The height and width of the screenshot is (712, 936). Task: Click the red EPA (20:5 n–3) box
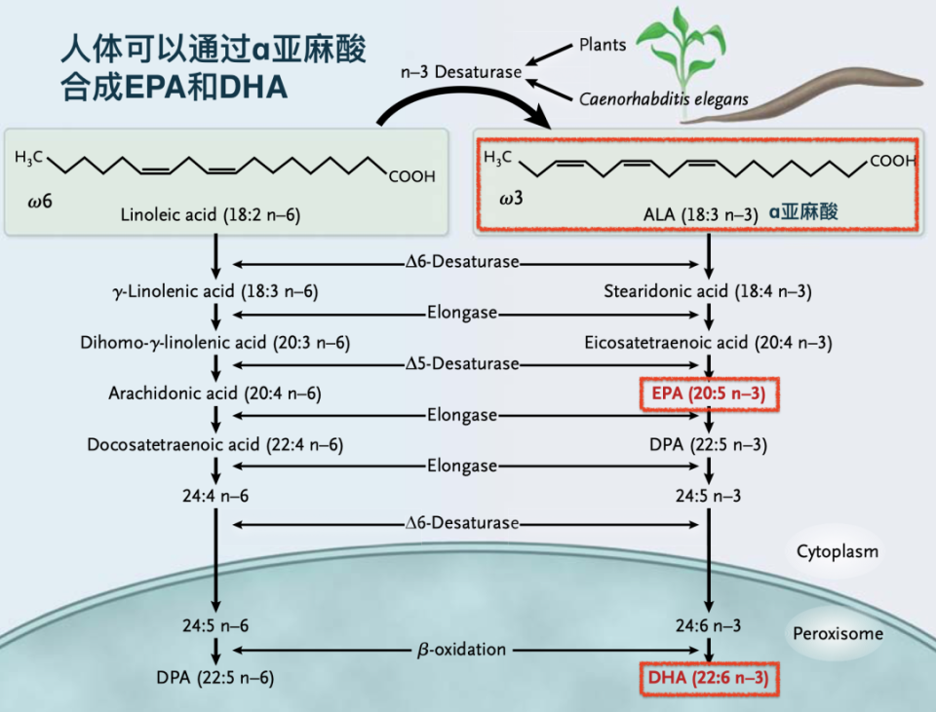(709, 393)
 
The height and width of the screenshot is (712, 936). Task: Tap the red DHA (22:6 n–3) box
(709, 678)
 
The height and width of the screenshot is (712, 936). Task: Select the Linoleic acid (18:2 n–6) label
(211, 214)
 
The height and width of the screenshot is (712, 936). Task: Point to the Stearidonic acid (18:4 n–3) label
(708, 291)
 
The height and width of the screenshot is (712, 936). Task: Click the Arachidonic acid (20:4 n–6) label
(214, 393)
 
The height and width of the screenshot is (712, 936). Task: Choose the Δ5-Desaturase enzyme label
(462, 363)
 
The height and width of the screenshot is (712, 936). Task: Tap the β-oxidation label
(461, 650)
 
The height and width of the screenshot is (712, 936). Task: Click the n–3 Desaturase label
(461, 72)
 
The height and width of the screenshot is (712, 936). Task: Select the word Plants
(603, 45)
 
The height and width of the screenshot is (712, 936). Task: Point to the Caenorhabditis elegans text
(663, 98)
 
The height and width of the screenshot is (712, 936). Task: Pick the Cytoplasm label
(837, 551)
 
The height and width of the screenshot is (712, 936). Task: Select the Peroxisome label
(838, 633)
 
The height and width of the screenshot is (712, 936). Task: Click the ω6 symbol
(40, 202)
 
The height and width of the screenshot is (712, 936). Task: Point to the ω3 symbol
(511, 198)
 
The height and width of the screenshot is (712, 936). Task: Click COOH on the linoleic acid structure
(411, 176)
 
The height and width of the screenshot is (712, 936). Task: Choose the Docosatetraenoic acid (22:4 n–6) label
(214, 445)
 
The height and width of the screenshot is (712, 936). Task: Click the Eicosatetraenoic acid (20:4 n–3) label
(708, 343)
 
